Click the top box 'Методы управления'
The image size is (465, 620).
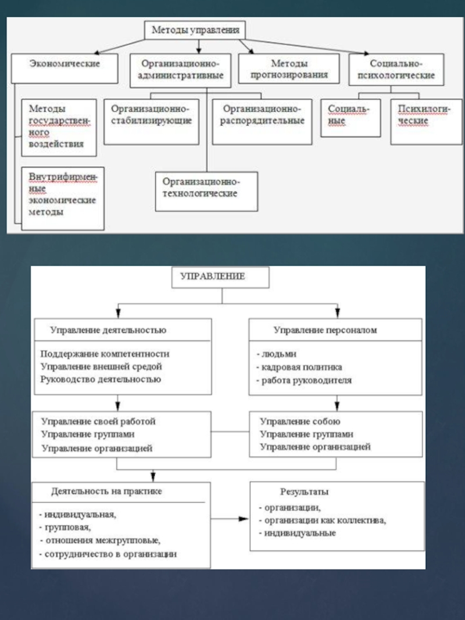tap(195, 30)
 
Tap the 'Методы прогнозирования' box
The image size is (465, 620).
tap(289, 69)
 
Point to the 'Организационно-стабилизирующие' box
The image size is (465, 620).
tap(152, 121)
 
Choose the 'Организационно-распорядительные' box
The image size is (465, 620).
tap(263, 121)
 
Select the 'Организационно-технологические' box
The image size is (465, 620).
tap(206, 189)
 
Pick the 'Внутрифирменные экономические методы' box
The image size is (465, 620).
tap(63, 198)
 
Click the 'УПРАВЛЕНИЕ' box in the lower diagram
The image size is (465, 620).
tap(221, 277)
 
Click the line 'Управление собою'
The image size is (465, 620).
tap(300, 421)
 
